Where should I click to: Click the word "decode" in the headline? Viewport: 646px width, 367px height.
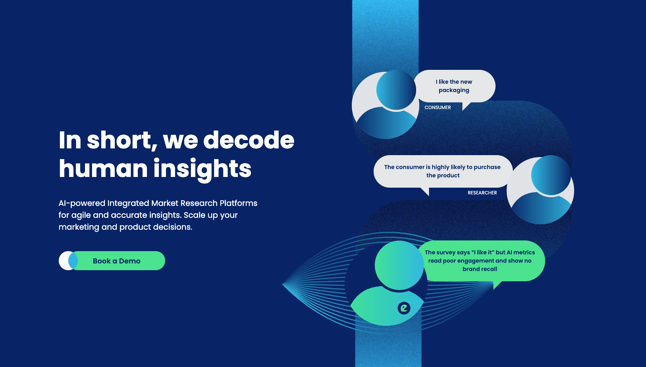tap(249, 140)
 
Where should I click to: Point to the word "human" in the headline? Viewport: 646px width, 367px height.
tap(103, 168)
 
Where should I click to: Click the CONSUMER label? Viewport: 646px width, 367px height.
tap(438, 108)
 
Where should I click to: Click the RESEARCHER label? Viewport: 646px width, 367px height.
tap(482, 193)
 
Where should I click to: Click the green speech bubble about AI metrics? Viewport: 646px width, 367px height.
tap(480, 261)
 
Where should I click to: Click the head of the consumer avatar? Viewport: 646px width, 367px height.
tap(396, 90)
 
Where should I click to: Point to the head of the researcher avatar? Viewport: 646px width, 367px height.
tap(551, 175)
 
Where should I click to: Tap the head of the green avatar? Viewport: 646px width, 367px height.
tap(399, 265)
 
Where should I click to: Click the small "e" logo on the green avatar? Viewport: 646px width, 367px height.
tap(404, 308)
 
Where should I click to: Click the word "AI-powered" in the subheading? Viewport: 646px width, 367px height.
tap(82, 204)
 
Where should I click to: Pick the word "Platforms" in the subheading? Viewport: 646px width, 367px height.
tap(239, 203)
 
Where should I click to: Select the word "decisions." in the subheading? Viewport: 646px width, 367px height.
tap(172, 227)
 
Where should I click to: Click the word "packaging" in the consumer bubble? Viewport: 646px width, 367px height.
tap(454, 90)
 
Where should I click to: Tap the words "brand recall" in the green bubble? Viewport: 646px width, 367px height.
tap(480, 269)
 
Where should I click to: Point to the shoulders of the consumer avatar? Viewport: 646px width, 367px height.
tap(386, 123)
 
